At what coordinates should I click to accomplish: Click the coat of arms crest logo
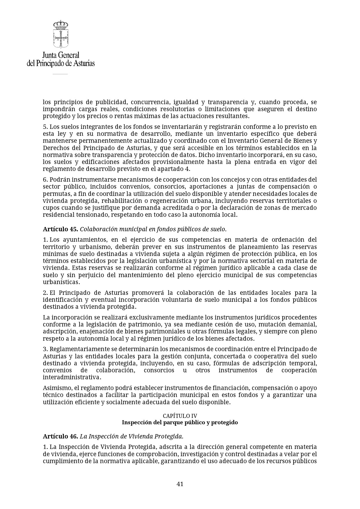click(61, 34)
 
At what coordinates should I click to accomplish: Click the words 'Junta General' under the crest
click(61, 55)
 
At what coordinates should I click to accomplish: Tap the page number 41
click(180, 484)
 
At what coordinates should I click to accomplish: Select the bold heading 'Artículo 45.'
click(60, 229)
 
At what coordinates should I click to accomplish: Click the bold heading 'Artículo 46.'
click(60, 436)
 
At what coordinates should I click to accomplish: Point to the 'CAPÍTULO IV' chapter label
click(180, 416)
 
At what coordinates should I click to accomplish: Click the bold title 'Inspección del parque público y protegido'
click(180, 422)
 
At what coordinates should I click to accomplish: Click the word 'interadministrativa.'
click(72, 377)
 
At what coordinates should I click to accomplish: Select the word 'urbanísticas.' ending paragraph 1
click(61, 282)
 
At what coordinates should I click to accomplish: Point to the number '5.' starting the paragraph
click(45, 127)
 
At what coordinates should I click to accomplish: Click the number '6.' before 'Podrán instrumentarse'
click(45, 180)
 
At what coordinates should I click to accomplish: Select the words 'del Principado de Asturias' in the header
click(61, 63)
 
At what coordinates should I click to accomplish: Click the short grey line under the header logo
click(60, 74)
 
